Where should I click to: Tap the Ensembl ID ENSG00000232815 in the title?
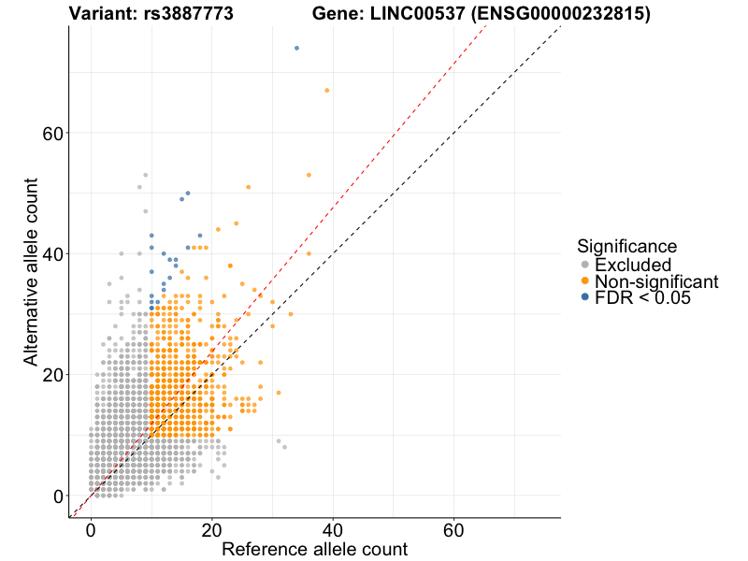575,14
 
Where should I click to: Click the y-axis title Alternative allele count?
31,271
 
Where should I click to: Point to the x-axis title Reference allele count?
314,549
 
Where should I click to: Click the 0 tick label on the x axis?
91,529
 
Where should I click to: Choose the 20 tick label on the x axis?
211,529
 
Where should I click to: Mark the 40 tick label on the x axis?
333,529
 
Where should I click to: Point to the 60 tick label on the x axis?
454,529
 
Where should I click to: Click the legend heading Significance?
626,247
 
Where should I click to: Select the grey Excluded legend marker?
585,265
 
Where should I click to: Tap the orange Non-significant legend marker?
585,281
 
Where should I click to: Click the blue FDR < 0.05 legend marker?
585,297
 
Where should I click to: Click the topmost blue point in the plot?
296,48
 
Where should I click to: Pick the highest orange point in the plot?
326,90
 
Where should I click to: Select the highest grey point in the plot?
145,175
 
